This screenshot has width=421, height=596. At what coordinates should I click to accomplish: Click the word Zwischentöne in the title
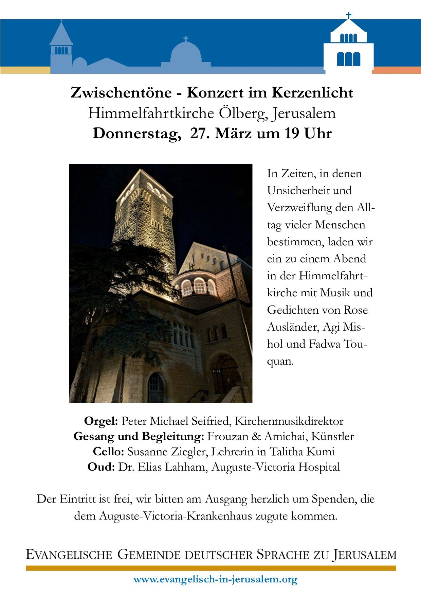(121, 93)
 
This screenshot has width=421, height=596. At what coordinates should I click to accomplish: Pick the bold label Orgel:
(101, 421)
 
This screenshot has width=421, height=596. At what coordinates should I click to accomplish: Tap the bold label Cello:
(109, 452)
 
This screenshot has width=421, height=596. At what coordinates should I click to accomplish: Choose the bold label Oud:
(101, 467)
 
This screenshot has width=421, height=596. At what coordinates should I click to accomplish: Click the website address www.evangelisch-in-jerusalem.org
(215, 579)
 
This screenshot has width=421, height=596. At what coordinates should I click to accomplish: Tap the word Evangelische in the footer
(69, 555)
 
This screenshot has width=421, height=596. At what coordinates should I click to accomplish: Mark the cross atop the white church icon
(349, 16)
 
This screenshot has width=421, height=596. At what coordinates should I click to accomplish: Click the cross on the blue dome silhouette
(186, 39)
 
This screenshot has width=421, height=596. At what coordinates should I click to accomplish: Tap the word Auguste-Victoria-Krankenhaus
(176, 516)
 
